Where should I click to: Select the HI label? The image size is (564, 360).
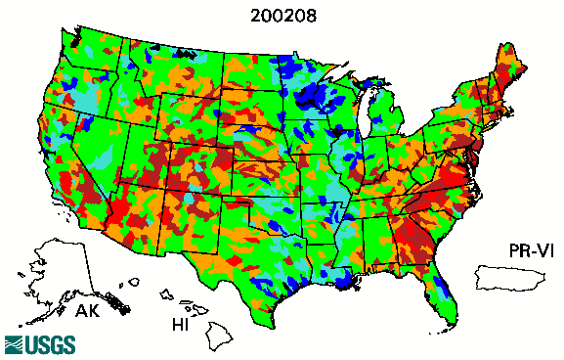[181, 323]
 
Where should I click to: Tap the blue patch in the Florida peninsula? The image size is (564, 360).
[442, 286]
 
